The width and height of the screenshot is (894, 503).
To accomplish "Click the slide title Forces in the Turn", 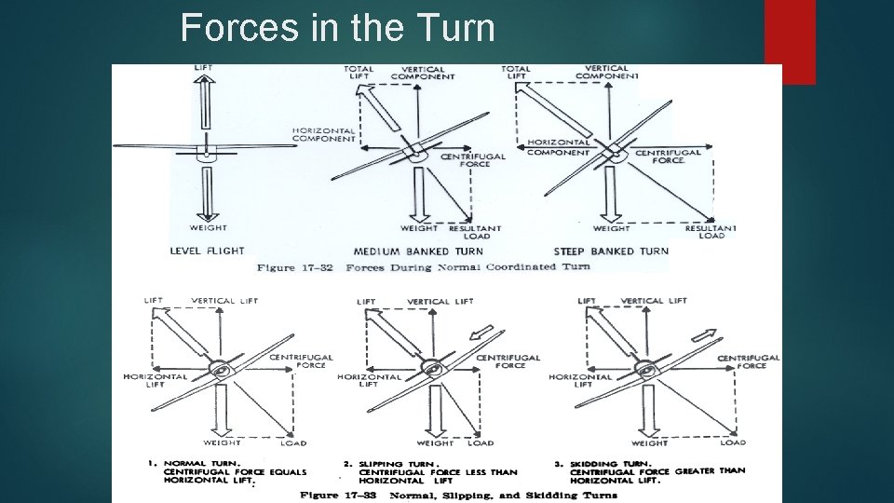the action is coord(337,28).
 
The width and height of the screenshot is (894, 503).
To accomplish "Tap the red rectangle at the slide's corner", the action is coord(789,41).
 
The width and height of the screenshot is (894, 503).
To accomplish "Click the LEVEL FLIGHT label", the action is coord(207,251).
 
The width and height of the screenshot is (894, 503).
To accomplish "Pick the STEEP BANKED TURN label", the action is coord(611,251).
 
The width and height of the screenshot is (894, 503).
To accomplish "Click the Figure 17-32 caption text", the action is coord(423,267).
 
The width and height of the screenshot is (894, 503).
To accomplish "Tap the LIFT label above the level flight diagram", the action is coord(203,68).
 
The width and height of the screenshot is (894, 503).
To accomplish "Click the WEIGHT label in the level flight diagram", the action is coord(209,227).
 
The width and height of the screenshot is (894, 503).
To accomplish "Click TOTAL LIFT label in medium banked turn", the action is coord(359,73).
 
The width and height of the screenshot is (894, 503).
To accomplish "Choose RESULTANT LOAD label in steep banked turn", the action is coord(711,232).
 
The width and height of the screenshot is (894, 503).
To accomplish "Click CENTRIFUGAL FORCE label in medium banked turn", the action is coord(472,161).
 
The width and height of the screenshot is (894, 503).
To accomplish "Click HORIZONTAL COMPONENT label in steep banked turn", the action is coord(559,147).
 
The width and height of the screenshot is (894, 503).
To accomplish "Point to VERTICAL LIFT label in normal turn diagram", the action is coord(224,301).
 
